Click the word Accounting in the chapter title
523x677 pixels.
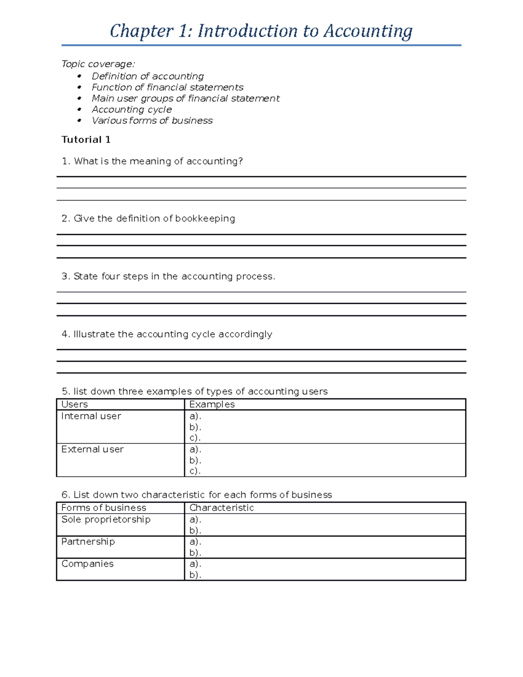(368, 31)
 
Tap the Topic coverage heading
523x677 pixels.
(98, 64)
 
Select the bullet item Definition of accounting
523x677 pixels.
(147, 76)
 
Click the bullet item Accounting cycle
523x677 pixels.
(132, 109)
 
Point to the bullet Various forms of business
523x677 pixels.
(152, 121)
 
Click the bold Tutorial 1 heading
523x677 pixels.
(86, 139)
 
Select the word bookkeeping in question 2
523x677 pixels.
(205, 218)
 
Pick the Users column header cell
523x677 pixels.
(75, 405)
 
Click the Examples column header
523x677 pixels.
(212, 405)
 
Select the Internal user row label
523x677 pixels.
(91, 416)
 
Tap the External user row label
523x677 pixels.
(92, 449)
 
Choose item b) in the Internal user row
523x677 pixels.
(195, 427)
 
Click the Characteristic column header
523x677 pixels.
(221, 508)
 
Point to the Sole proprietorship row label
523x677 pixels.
(106, 520)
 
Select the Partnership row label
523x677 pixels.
(88, 542)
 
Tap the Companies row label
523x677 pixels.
(87, 564)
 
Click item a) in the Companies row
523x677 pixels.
(195, 564)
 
